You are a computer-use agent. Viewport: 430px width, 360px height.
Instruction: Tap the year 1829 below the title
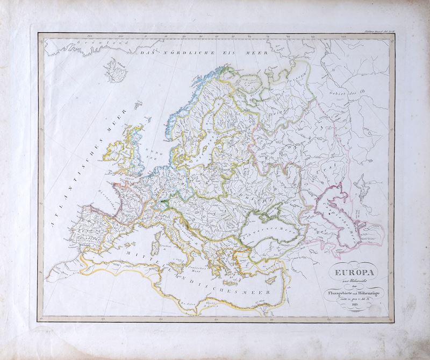coord(349,304)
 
